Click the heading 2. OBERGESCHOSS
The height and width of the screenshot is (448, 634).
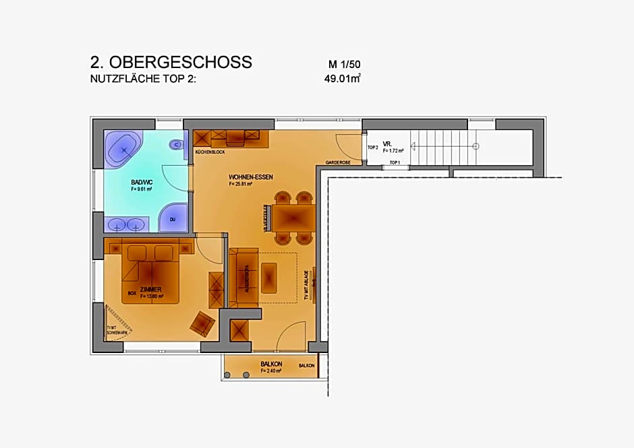(x=171, y=62)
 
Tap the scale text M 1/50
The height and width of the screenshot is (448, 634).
(x=345, y=65)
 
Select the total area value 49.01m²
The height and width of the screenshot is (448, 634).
(x=343, y=78)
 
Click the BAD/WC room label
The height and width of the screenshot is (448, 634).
(x=142, y=182)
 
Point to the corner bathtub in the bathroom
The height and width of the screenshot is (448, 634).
(x=124, y=149)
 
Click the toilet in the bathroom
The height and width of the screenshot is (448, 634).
(x=177, y=144)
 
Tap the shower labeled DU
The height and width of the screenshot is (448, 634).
(x=173, y=219)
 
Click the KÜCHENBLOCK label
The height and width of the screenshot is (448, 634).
(x=209, y=152)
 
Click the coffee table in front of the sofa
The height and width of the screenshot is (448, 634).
(x=269, y=277)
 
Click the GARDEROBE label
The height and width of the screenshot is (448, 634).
(x=337, y=162)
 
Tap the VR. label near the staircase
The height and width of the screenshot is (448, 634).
(x=387, y=144)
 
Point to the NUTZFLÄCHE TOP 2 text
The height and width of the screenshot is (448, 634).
(x=146, y=78)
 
